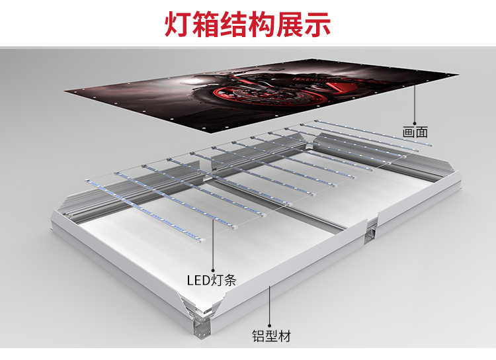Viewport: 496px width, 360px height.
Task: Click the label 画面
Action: (x=415, y=132)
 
